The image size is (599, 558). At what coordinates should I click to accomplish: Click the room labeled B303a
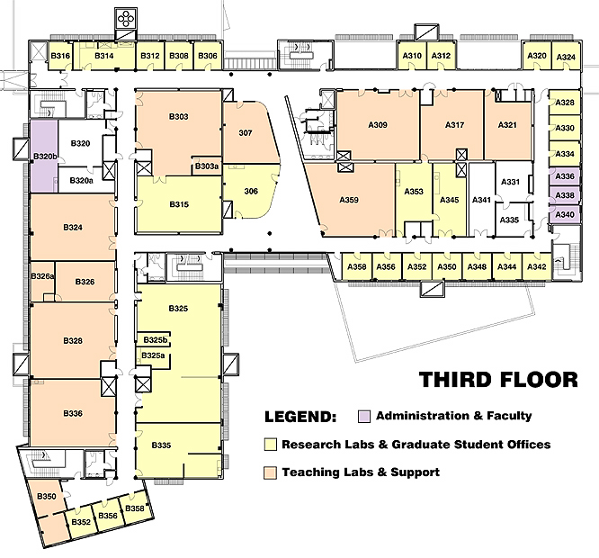coord(206,166)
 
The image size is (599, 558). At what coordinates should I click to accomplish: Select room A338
coord(565,195)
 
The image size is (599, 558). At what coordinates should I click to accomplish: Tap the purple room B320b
coord(44,156)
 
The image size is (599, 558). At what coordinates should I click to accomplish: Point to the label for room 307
coord(246,133)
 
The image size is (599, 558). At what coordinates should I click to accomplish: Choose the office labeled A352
coord(416,266)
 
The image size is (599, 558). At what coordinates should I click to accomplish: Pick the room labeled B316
coord(60,56)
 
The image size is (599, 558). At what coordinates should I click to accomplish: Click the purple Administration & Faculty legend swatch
coord(364,417)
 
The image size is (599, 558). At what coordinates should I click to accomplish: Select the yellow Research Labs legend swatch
coord(270,445)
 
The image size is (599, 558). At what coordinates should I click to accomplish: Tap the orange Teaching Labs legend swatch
coord(270,472)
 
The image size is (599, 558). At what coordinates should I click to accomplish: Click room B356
coord(108,516)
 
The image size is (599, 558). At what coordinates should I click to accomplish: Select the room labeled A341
coord(481,200)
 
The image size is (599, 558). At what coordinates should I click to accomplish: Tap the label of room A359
coord(349,200)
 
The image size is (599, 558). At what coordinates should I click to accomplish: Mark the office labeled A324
coord(566,57)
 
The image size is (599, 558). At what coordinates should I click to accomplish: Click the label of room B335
coord(161,445)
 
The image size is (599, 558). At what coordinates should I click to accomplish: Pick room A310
coord(412,56)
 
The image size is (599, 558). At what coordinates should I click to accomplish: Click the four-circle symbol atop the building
coord(125,19)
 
